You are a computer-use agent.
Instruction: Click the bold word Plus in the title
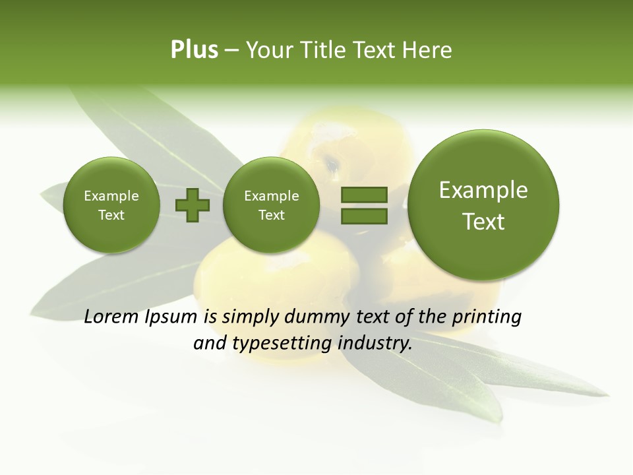[194, 50]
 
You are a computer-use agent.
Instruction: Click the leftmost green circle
[111, 205]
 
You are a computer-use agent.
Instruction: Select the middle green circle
[271, 205]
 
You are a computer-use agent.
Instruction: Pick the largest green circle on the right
[483, 205]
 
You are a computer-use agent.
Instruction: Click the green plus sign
[193, 205]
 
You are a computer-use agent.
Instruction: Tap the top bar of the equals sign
[363, 195]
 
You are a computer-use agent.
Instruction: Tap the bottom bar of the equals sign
[363, 216]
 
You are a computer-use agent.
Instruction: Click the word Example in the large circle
[483, 191]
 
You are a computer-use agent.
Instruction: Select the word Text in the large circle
[483, 222]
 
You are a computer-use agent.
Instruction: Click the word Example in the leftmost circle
[111, 196]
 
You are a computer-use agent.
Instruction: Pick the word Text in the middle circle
[271, 216]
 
